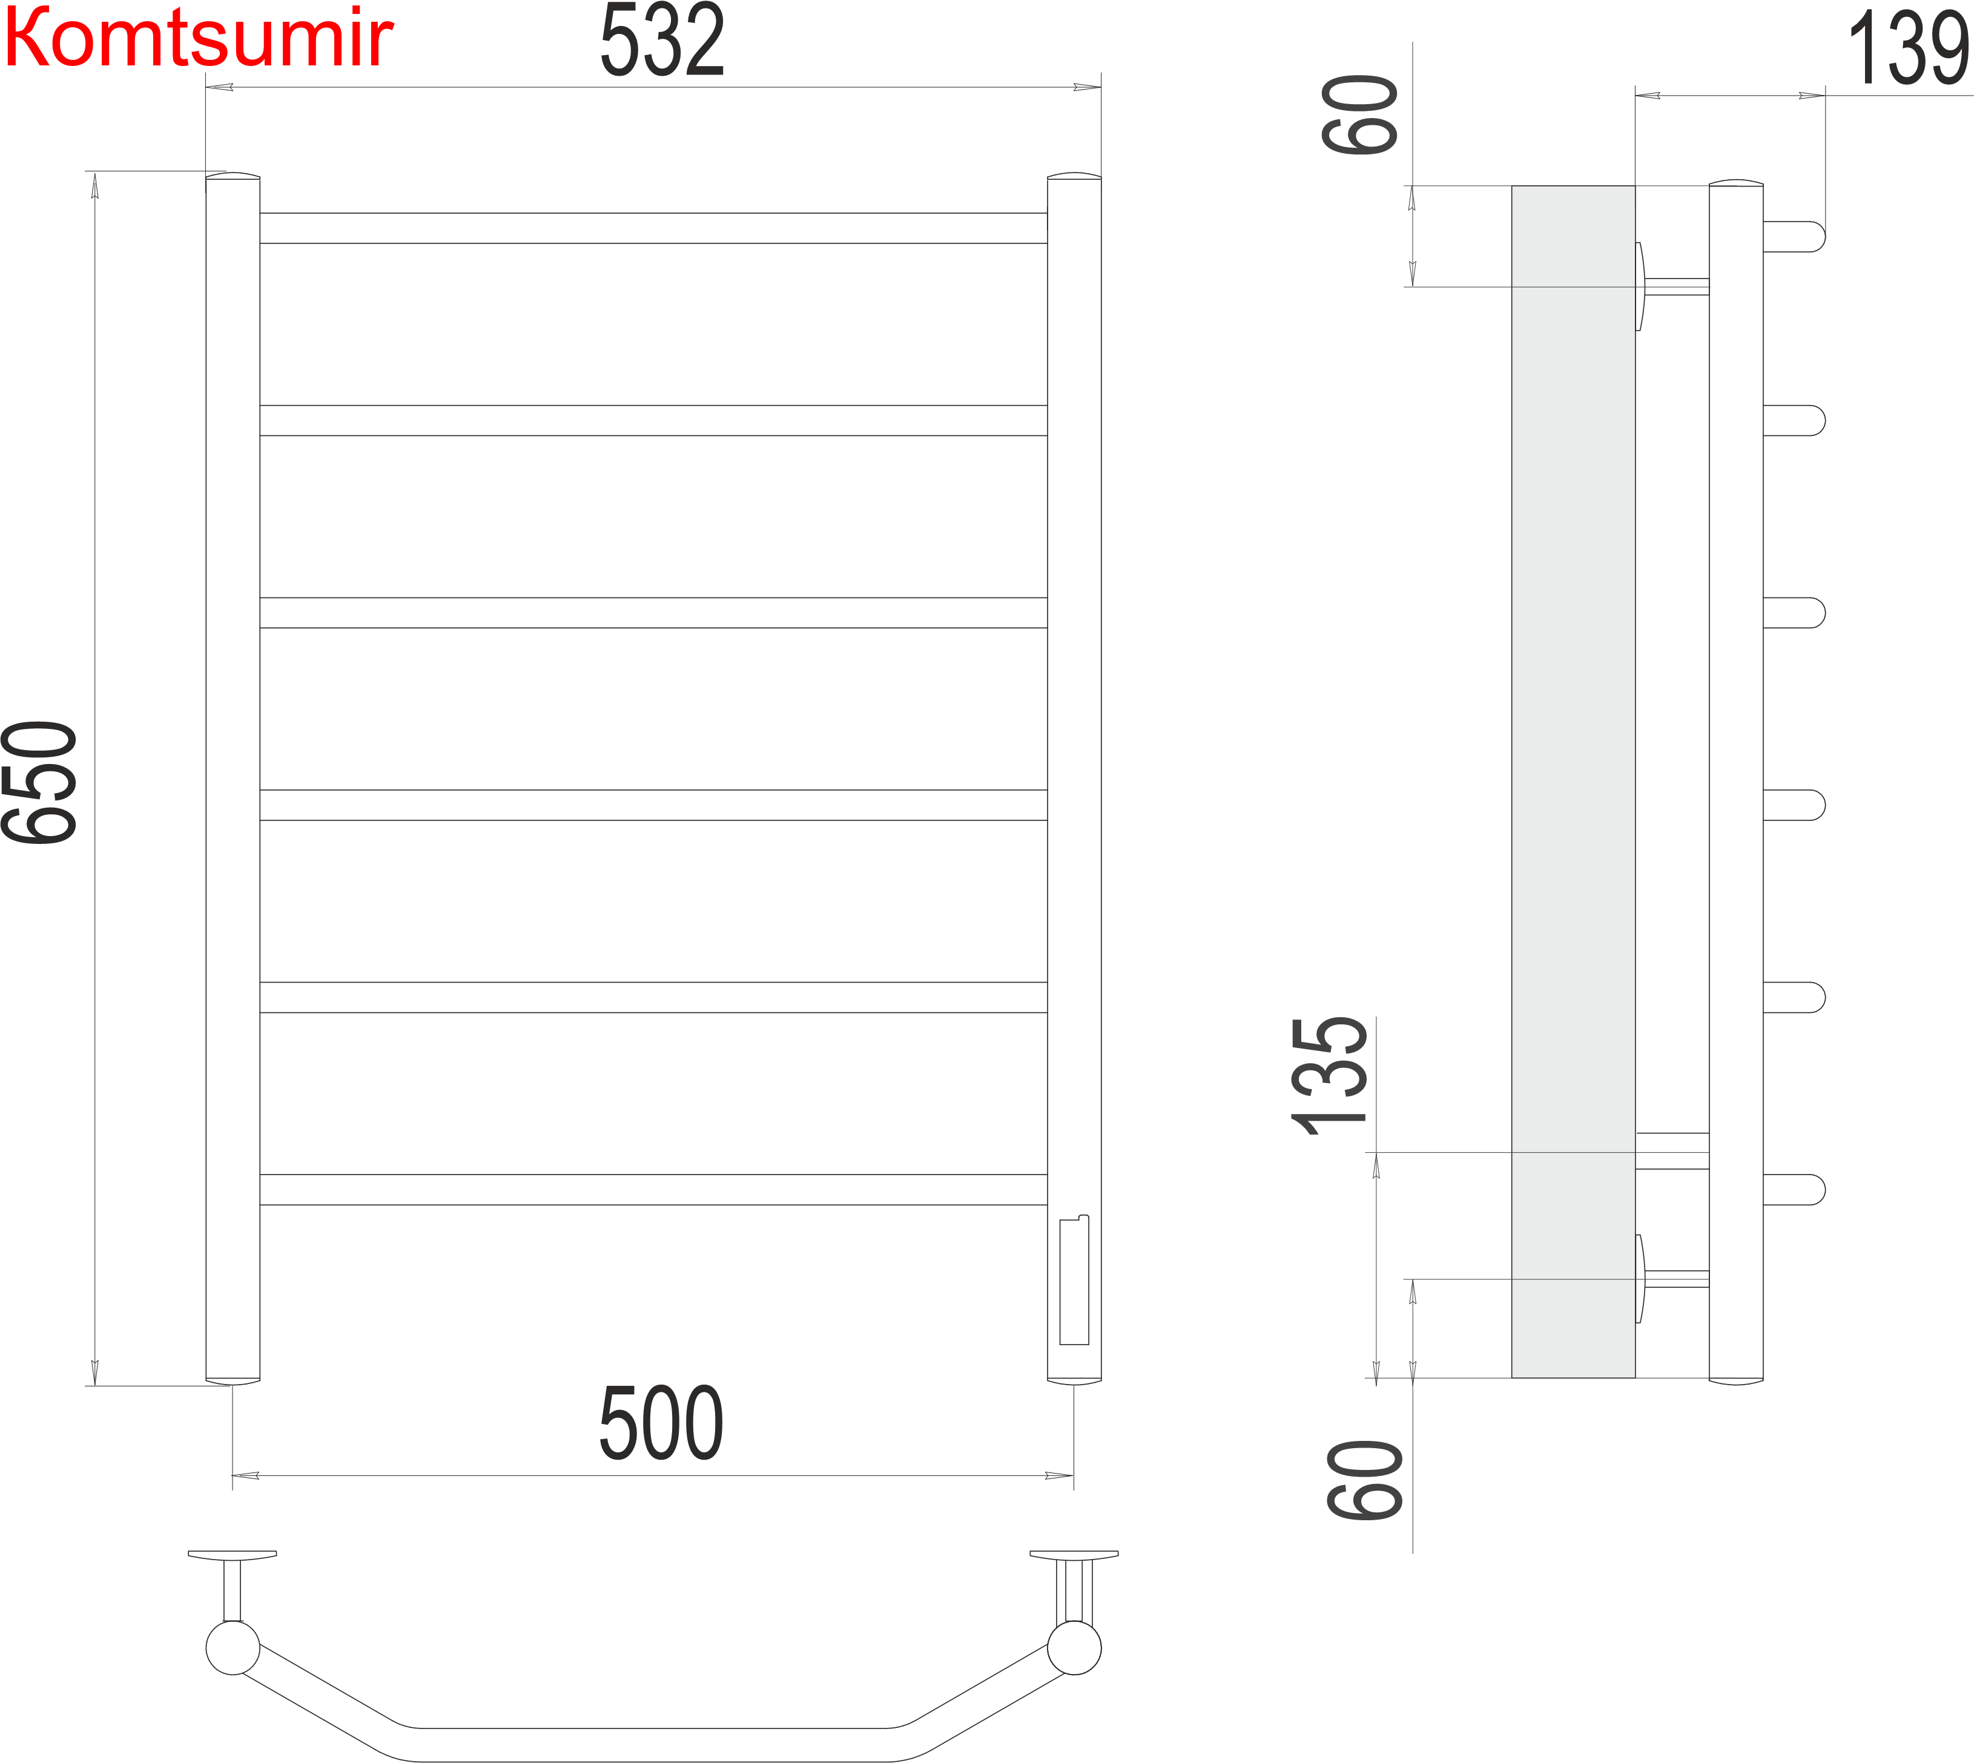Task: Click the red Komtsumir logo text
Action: click(x=199, y=39)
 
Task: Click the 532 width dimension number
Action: click(x=662, y=41)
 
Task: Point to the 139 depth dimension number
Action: click(x=1907, y=48)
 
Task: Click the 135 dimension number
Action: click(x=1330, y=1075)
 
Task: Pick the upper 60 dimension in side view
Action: click(x=1359, y=114)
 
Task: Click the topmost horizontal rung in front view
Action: click(x=653, y=228)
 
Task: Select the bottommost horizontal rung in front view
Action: click(x=653, y=1190)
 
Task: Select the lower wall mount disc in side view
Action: click(x=1640, y=1279)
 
